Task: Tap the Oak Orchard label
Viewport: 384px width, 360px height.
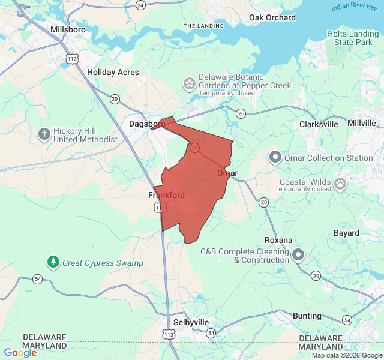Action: [272, 17]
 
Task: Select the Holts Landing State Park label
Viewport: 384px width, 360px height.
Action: [353, 38]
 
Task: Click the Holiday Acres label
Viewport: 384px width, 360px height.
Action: [113, 72]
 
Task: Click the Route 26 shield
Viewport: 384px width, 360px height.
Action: [241, 113]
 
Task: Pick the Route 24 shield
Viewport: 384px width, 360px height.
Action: [140, 5]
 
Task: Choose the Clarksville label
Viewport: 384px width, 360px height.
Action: [319, 124]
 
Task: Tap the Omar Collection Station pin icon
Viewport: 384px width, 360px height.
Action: [275, 157]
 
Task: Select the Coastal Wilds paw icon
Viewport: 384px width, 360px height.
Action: [340, 183]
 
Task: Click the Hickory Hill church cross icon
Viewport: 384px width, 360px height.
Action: [44, 134]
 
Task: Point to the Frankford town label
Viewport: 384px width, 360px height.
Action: [166, 195]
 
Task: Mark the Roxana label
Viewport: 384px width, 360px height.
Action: [278, 240]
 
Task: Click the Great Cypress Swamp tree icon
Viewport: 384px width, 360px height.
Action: [54, 262]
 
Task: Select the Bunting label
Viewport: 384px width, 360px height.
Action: [307, 316]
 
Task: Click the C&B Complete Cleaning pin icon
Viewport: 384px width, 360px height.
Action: [298, 256]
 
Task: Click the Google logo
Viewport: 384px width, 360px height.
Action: [20, 353]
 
